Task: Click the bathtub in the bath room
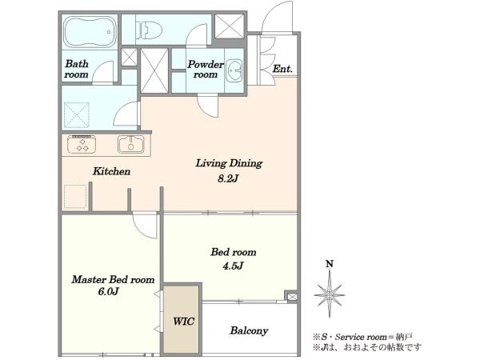click(x=90, y=32)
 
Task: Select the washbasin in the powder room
click(x=234, y=70)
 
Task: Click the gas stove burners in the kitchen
click(x=82, y=144)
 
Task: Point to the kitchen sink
click(x=131, y=144)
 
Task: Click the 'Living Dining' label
click(x=229, y=163)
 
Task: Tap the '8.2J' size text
click(x=228, y=178)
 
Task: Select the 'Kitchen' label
click(x=112, y=171)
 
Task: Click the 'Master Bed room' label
click(x=113, y=279)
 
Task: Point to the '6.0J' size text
click(x=108, y=292)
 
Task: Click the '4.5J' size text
click(x=234, y=266)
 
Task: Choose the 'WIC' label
click(x=183, y=321)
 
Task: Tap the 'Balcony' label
click(x=249, y=331)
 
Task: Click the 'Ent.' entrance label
click(x=282, y=69)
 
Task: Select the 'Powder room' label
click(x=206, y=69)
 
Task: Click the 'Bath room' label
click(x=77, y=69)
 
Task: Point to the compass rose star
click(x=330, y=295)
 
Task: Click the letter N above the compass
click(x=330, y=264)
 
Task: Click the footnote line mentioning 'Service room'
click(x=362, y=337)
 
